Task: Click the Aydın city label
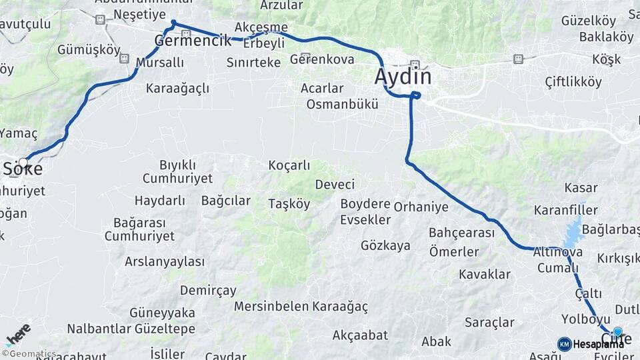click(403, 77)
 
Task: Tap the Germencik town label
click(187, 41)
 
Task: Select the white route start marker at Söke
click(23, 162)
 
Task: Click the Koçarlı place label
click(289, 165)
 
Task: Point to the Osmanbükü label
click(342, 104)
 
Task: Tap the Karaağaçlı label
click(177, 88)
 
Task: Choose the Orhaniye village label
click(421, 207)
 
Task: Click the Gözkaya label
click(385, 245)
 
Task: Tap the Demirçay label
click(208, 290)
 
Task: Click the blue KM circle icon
click(564, 344)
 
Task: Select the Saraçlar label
click(489, 323)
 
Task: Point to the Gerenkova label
click(322, 59)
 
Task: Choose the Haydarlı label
click(160, 200)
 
